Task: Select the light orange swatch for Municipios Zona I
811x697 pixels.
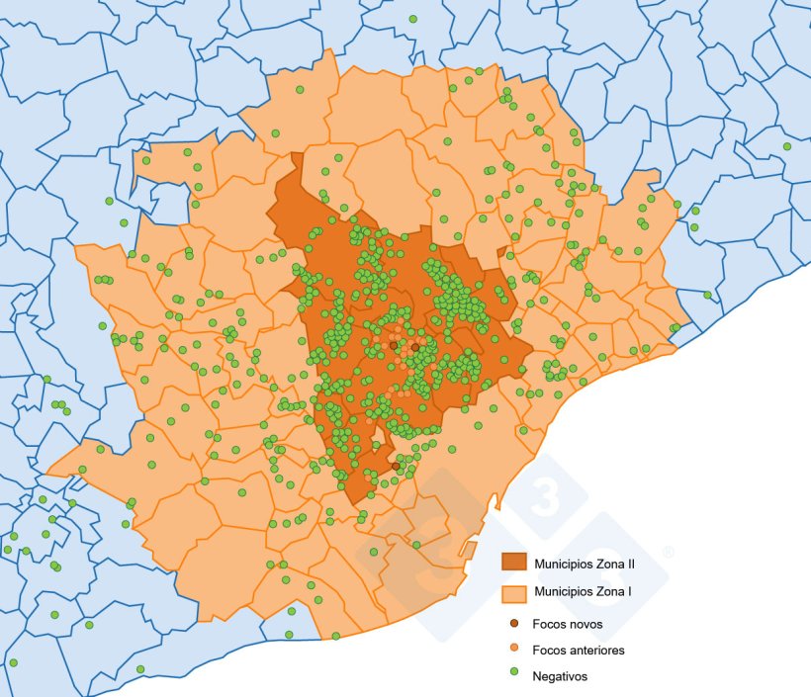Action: (x=514, y=593)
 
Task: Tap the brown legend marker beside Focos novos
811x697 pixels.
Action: (x=514, y=624)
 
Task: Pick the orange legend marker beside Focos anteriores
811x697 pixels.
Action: (x=514, y=650)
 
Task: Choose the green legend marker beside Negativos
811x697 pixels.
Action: (x=514, y=676)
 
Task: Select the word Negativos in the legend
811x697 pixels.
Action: (x=560, y=676)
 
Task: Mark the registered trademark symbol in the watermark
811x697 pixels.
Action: (x=669, y=551)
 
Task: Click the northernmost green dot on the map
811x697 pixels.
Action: (x=412, y=19)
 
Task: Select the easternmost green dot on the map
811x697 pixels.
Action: (x=787, y=146)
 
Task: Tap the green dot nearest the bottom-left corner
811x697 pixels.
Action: (x=13, y=662)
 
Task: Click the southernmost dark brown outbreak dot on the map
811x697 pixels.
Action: (x=396, y=466)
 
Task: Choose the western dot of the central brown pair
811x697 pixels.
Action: (x=393, y=346)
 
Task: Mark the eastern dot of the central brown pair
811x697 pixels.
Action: (x=415, y=348)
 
